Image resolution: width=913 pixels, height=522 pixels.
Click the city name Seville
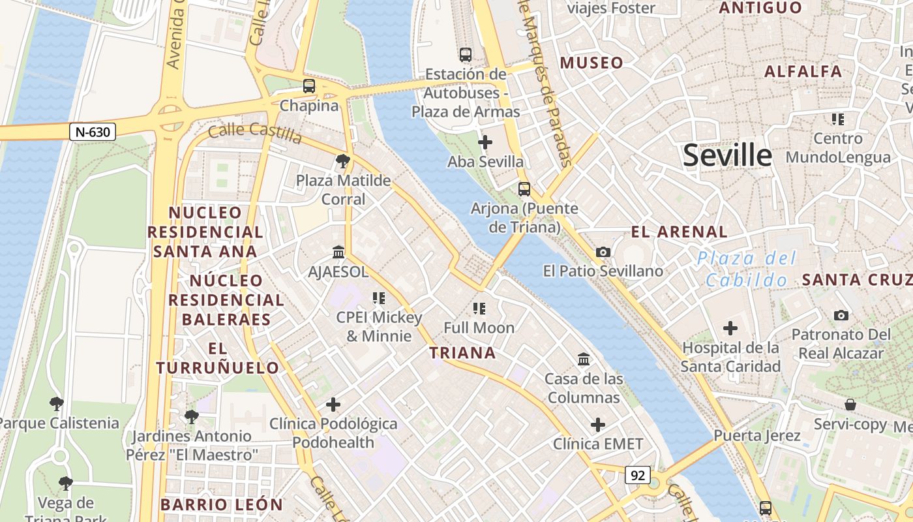coord(727,155)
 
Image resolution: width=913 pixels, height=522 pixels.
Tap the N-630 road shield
coord(93,132)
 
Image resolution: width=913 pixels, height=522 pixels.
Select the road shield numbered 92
coord(637,476)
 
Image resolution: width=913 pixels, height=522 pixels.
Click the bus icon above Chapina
coord(309,86)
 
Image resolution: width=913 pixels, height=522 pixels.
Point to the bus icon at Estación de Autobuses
coord(465,55)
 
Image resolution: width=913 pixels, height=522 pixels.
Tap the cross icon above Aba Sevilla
coord(485,142)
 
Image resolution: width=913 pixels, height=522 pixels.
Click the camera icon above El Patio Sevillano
coord(603,252)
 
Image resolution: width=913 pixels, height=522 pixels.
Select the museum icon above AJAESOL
coord(338,252)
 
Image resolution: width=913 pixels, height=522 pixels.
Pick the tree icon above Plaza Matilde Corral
coord(342,161)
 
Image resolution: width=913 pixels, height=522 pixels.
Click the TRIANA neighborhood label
coord(462,353)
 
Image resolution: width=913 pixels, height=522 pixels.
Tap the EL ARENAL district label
coord(679,232)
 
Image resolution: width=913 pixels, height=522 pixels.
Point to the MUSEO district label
coord(591,63)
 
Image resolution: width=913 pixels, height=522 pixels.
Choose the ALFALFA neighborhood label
coord(803,72)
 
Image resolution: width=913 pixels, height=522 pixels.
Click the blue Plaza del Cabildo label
coord(747,269)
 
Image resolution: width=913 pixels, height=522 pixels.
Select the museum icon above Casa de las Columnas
coord(584,359)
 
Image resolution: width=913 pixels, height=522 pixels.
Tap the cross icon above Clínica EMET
coord(598,425)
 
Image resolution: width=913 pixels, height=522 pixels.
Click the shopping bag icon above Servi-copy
coord(850,405)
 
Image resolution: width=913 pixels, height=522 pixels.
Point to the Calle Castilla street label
coord(255,133)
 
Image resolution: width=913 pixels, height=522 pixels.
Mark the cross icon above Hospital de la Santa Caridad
coord(730,328)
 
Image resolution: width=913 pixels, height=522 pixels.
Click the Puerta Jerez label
coord(756,435)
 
